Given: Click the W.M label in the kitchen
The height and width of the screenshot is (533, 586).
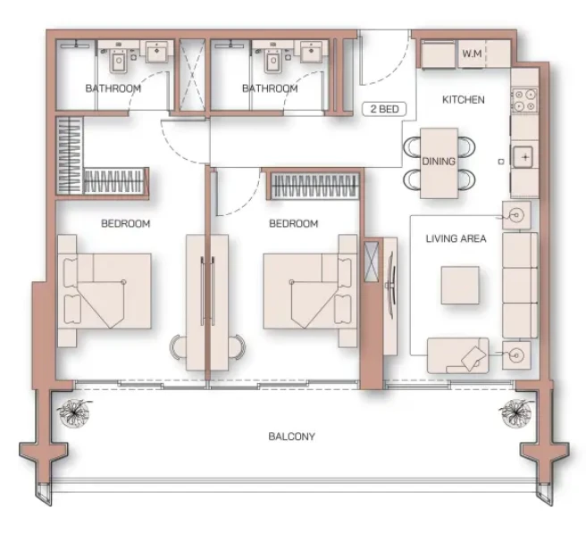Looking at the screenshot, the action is (x=472, y=54).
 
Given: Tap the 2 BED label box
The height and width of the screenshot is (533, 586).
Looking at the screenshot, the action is (x=384, y=109).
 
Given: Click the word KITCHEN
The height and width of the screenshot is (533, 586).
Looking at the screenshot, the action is (x=464, y=100).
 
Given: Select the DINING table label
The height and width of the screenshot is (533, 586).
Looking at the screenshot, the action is (x=439, y=162).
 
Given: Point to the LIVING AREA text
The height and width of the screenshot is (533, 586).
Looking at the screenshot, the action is (x=456, y=238).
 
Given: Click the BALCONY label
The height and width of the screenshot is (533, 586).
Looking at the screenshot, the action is (x=291, y=437).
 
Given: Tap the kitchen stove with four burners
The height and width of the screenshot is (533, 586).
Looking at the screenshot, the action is (x=524, y=101).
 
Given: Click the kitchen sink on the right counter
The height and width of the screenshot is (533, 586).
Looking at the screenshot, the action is (x=524, y=157).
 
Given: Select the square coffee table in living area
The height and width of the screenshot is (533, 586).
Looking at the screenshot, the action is (x=460, y=285).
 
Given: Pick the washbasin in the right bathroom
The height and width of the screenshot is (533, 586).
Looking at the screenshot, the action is (x=311, y=51).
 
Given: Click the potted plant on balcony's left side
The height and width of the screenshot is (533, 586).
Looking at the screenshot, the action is (x=75, y=412).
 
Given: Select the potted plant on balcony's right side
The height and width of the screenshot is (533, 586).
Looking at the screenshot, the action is (x=516, y=412).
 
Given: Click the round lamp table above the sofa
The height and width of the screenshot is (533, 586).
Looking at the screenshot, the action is (x=516, y=215).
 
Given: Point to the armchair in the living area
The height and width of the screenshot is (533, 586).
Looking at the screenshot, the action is (x=457, y=355).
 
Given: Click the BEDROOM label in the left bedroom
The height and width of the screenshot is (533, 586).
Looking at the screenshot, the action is (x=126, y=223).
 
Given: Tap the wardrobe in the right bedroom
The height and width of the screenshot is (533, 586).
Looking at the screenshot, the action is (x=314, y=186).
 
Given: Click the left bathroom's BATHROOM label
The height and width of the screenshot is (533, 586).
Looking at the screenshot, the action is (x=113, y=88).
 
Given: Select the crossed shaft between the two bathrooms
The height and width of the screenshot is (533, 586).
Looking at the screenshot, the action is (x=192, y=75).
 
